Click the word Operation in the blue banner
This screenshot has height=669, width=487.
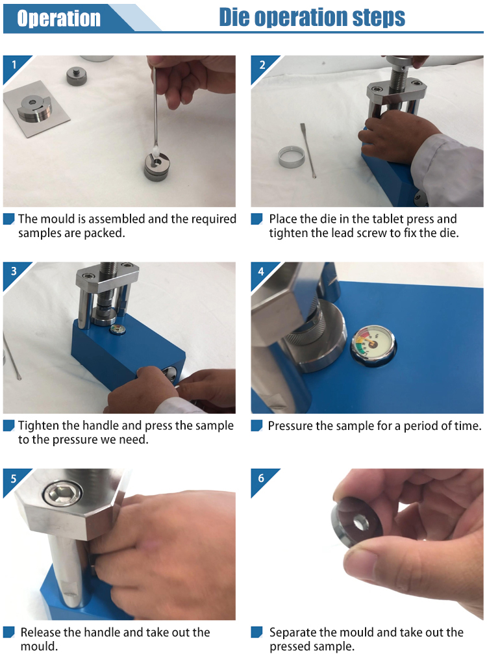pos(59,19)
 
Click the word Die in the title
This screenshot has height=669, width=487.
pos(234,18)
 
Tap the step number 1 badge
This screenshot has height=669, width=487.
pos(14,65)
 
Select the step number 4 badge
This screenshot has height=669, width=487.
pos(261,271)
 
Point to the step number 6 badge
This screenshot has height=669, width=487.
pos(261,478)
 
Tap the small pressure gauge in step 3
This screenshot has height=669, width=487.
pos(117,329)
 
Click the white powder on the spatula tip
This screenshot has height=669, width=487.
pos(155,150)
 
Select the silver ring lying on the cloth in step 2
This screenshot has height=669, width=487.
pos(292,156)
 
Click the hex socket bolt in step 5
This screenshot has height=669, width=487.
pos(63,494)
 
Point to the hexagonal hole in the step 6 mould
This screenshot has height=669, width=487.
pos(360,523)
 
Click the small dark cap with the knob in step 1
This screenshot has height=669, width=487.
pos(77,75)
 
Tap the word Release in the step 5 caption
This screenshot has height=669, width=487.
pos(40,633)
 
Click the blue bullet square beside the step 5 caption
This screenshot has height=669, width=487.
pos(8,633)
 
